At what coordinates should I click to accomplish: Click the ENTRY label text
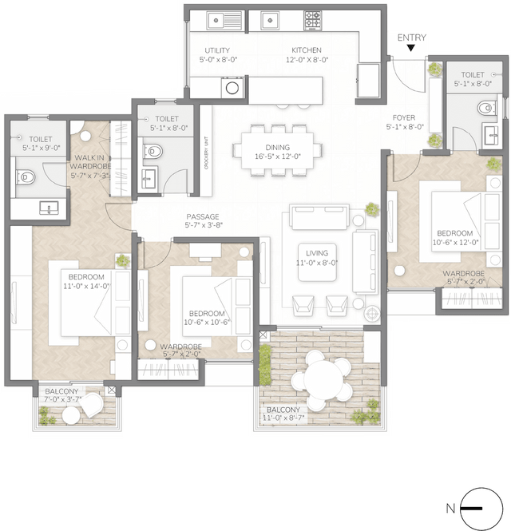point(412,38)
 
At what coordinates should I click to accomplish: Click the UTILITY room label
point(217,54)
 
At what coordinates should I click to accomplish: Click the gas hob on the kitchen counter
point(312,17)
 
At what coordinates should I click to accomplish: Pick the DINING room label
point(278,152)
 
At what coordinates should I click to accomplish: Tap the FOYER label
point(405,121)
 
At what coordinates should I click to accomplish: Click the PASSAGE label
point(203,220)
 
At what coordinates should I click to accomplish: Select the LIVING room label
point(317,257)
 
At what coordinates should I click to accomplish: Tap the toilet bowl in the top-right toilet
point(485,107)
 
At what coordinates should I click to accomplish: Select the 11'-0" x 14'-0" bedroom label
point(86,280)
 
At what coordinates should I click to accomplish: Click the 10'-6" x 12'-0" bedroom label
point(455,238)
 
